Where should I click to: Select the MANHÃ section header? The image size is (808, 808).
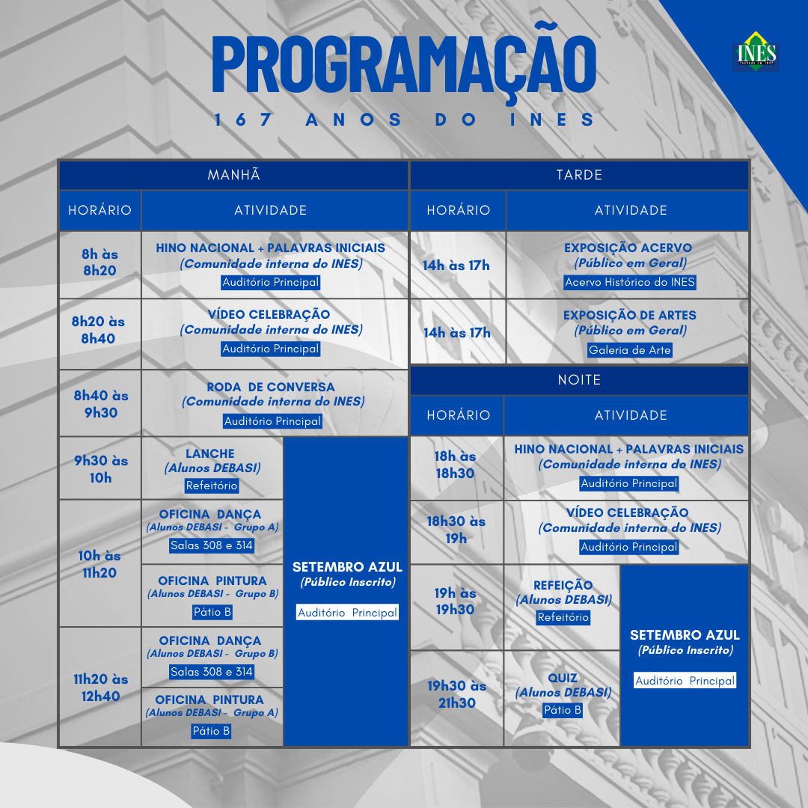click(233, 175)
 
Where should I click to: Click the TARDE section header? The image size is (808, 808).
click(579, 175)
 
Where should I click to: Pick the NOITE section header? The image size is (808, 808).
click(579, 380)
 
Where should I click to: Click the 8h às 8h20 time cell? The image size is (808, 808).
click(100, 263)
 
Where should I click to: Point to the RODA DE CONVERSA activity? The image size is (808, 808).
click(271, 388)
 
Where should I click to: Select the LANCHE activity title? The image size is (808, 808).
click(210, 454)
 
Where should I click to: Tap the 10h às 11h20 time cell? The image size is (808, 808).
click(100, 564)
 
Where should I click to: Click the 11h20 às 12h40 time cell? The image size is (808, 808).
click(100, 688)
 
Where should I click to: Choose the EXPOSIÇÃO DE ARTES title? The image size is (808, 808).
click(630, 316)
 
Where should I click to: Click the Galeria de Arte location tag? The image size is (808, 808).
click(630, 350)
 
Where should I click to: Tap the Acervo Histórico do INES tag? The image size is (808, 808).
click(630, 282)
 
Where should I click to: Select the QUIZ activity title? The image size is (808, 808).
click(563, 679)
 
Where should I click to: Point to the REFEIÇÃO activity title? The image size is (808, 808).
click(563, 586)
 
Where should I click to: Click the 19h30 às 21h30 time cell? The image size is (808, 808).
click(456, 694)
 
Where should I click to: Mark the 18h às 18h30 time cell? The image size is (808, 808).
click(456, 465)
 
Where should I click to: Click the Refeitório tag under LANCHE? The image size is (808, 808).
click(212, 486)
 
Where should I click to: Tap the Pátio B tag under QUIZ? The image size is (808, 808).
click(563, 710)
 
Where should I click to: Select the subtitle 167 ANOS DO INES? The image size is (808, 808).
click(404, 120)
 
